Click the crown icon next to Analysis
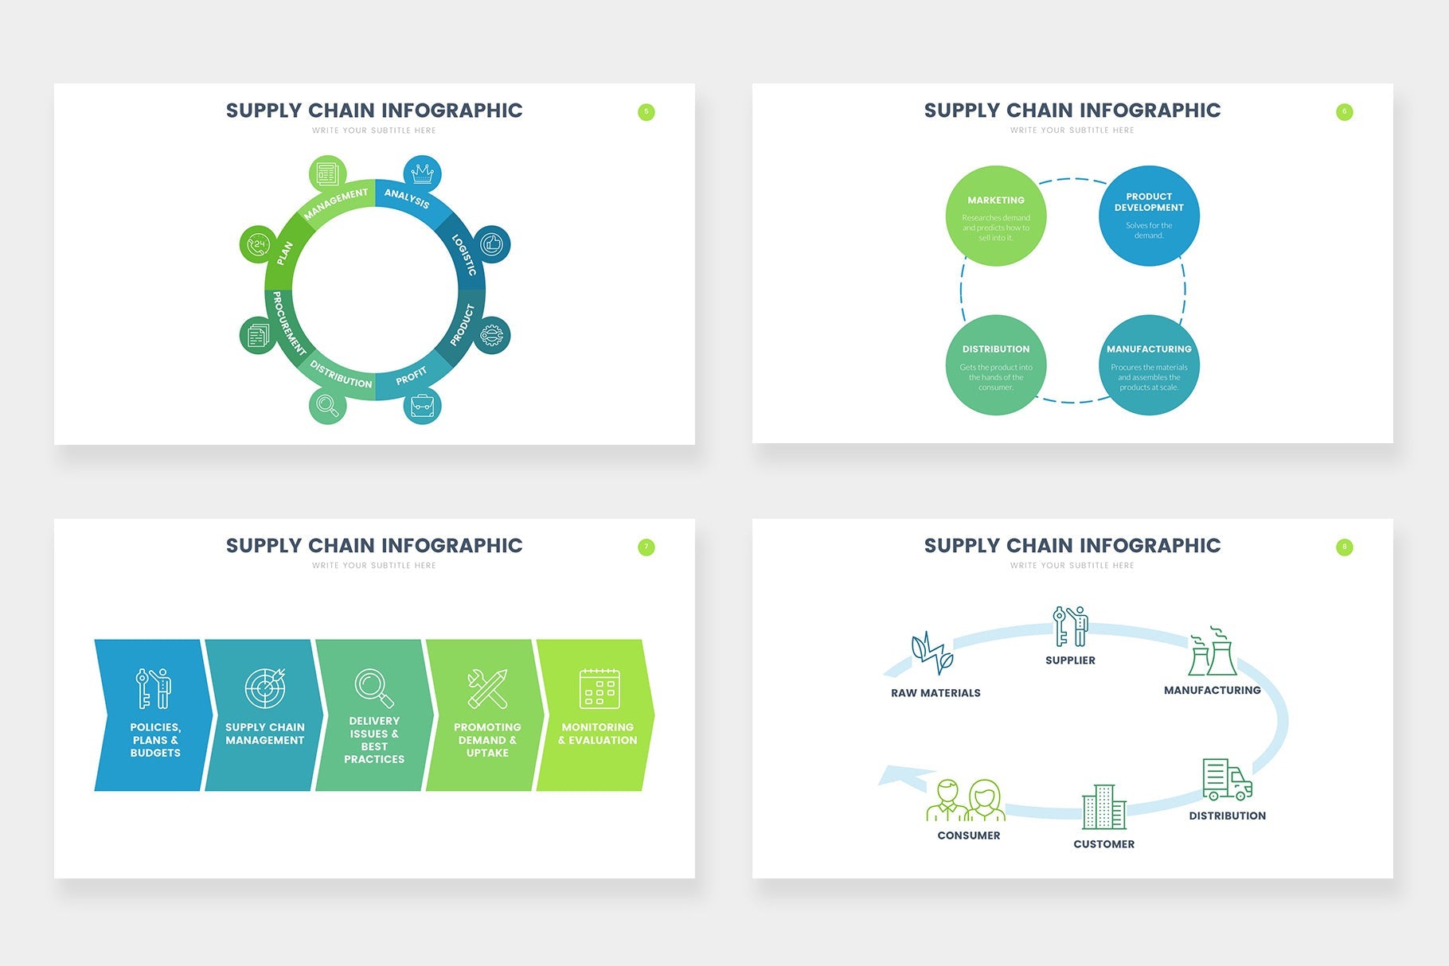pos(422,173)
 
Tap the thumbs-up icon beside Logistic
pos(492,244)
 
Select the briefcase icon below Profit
pos(422,406)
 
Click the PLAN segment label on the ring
pos(284,253)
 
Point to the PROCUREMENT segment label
pos(288,323)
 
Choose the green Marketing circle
pos(995,216)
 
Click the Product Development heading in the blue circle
pos(1148,202)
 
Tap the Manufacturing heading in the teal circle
pos(1148,349)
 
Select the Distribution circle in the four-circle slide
pos(995,365)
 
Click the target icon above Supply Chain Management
pos(265,688)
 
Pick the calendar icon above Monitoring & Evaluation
pos(599,689)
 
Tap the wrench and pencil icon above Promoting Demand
pos(487,689)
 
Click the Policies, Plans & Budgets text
pos(155,740)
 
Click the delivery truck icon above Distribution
pos(1227,779)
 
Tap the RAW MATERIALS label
pos(935,693)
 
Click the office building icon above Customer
pos(1103,807)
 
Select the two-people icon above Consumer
pos(966,800)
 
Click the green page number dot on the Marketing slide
pos(1344,112)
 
